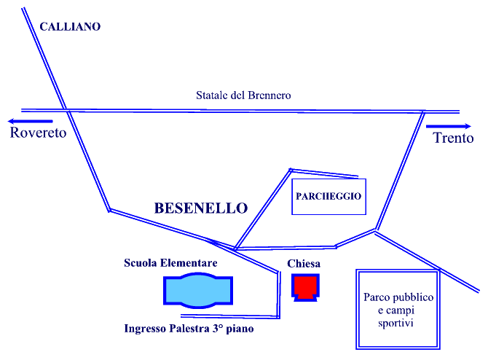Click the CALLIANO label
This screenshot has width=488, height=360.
click(x=70, y=26)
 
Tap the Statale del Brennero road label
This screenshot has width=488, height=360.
click(x=243, y=95)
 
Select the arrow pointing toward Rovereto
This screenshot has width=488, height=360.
click(x=30, y=121)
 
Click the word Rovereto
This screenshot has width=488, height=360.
click(x=39, y=133)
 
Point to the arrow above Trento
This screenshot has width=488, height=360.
click(x=449, y=126)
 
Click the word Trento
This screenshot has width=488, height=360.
click(x=453, y=138)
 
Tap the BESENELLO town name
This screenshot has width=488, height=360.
click(x=201, y=208)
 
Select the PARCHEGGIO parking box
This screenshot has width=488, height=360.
click(x=328, y=197)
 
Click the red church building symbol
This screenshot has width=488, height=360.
click(x=305, y=287)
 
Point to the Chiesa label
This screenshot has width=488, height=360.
click(x=304, y=264)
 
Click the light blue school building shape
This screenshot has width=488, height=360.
click(x=198, y=291)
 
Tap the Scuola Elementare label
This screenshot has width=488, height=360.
click(x=170, y=263)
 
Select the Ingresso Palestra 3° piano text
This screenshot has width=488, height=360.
click(x=189, y=329)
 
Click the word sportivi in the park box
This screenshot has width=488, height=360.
click(x=395, y=323)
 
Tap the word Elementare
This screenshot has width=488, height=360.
click(x=189, y=263)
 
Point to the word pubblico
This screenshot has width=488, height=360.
click(x=411, y=297)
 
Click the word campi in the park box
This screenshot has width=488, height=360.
click(x=401, y=310)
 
